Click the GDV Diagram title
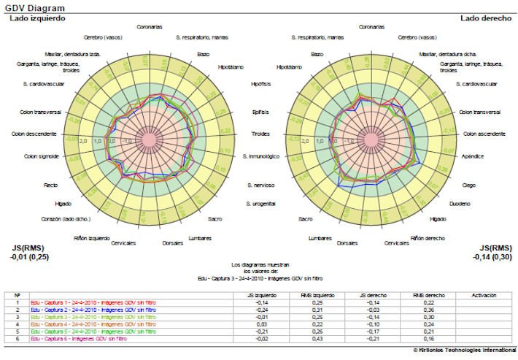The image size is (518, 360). pos(31,7)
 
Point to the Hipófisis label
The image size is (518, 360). pos(261,84)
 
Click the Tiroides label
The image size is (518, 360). pos(260,134)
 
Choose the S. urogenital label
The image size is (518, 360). pos(260,202)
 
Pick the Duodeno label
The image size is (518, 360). pos(460,203)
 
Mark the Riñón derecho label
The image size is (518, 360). pos(428,238)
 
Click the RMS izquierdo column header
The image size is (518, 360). pos(319,295)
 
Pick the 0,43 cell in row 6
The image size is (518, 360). pos(319,340)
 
